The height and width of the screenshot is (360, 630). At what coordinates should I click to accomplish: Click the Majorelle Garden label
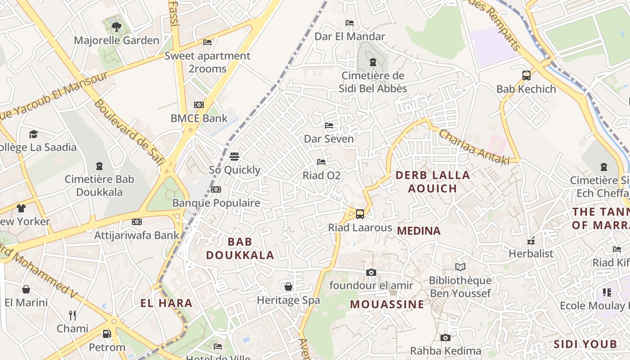pos(117,40)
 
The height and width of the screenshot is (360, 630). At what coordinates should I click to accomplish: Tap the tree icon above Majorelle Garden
pos(117,27)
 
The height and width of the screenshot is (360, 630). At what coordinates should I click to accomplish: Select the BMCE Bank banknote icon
pos(199,105)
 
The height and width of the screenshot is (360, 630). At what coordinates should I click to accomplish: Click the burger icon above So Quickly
pos(234,157)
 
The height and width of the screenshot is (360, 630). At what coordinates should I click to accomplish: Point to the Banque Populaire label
pos(216,203)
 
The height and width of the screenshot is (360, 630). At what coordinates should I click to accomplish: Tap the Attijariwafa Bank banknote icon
pos(137,222)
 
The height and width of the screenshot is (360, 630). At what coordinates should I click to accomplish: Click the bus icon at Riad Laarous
pos(360,214)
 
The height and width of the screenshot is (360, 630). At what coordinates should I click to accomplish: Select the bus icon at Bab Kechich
pos(526,76)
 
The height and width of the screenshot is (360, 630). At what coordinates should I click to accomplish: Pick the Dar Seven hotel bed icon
pos(329,126)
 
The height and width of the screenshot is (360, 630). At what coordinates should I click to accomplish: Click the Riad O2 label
pos(322,175)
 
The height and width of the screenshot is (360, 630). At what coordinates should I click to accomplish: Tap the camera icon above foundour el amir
pos(371,272)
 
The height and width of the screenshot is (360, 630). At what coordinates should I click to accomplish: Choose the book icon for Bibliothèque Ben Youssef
pos(460,267)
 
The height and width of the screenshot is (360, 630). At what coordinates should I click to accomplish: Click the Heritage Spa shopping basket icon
pos(288,287)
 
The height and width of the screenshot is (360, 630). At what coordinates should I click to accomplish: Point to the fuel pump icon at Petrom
pos(107,334)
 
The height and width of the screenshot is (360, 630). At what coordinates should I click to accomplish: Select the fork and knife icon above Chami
pos(72,315)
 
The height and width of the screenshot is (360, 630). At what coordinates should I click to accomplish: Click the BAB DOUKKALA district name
pos(240,248)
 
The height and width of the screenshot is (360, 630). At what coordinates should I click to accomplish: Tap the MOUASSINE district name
pos(387,305)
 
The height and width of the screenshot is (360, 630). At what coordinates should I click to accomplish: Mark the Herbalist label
pos(531,254)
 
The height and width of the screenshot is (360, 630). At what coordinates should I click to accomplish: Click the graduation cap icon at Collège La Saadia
pos(33,134)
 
